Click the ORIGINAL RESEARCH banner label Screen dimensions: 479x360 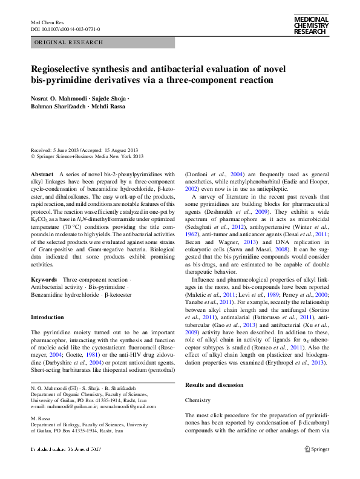click(x=61, y=42)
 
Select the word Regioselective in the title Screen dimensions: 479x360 click(x=65, y=68)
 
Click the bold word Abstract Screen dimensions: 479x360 click(x=42, y=174)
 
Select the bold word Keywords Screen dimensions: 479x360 click(x=44, y=279)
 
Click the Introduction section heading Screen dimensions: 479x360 click(x=47, y=317)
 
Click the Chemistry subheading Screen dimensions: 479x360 click(x=198, y=401)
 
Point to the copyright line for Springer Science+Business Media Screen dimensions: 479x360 click(x=87, y=156)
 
